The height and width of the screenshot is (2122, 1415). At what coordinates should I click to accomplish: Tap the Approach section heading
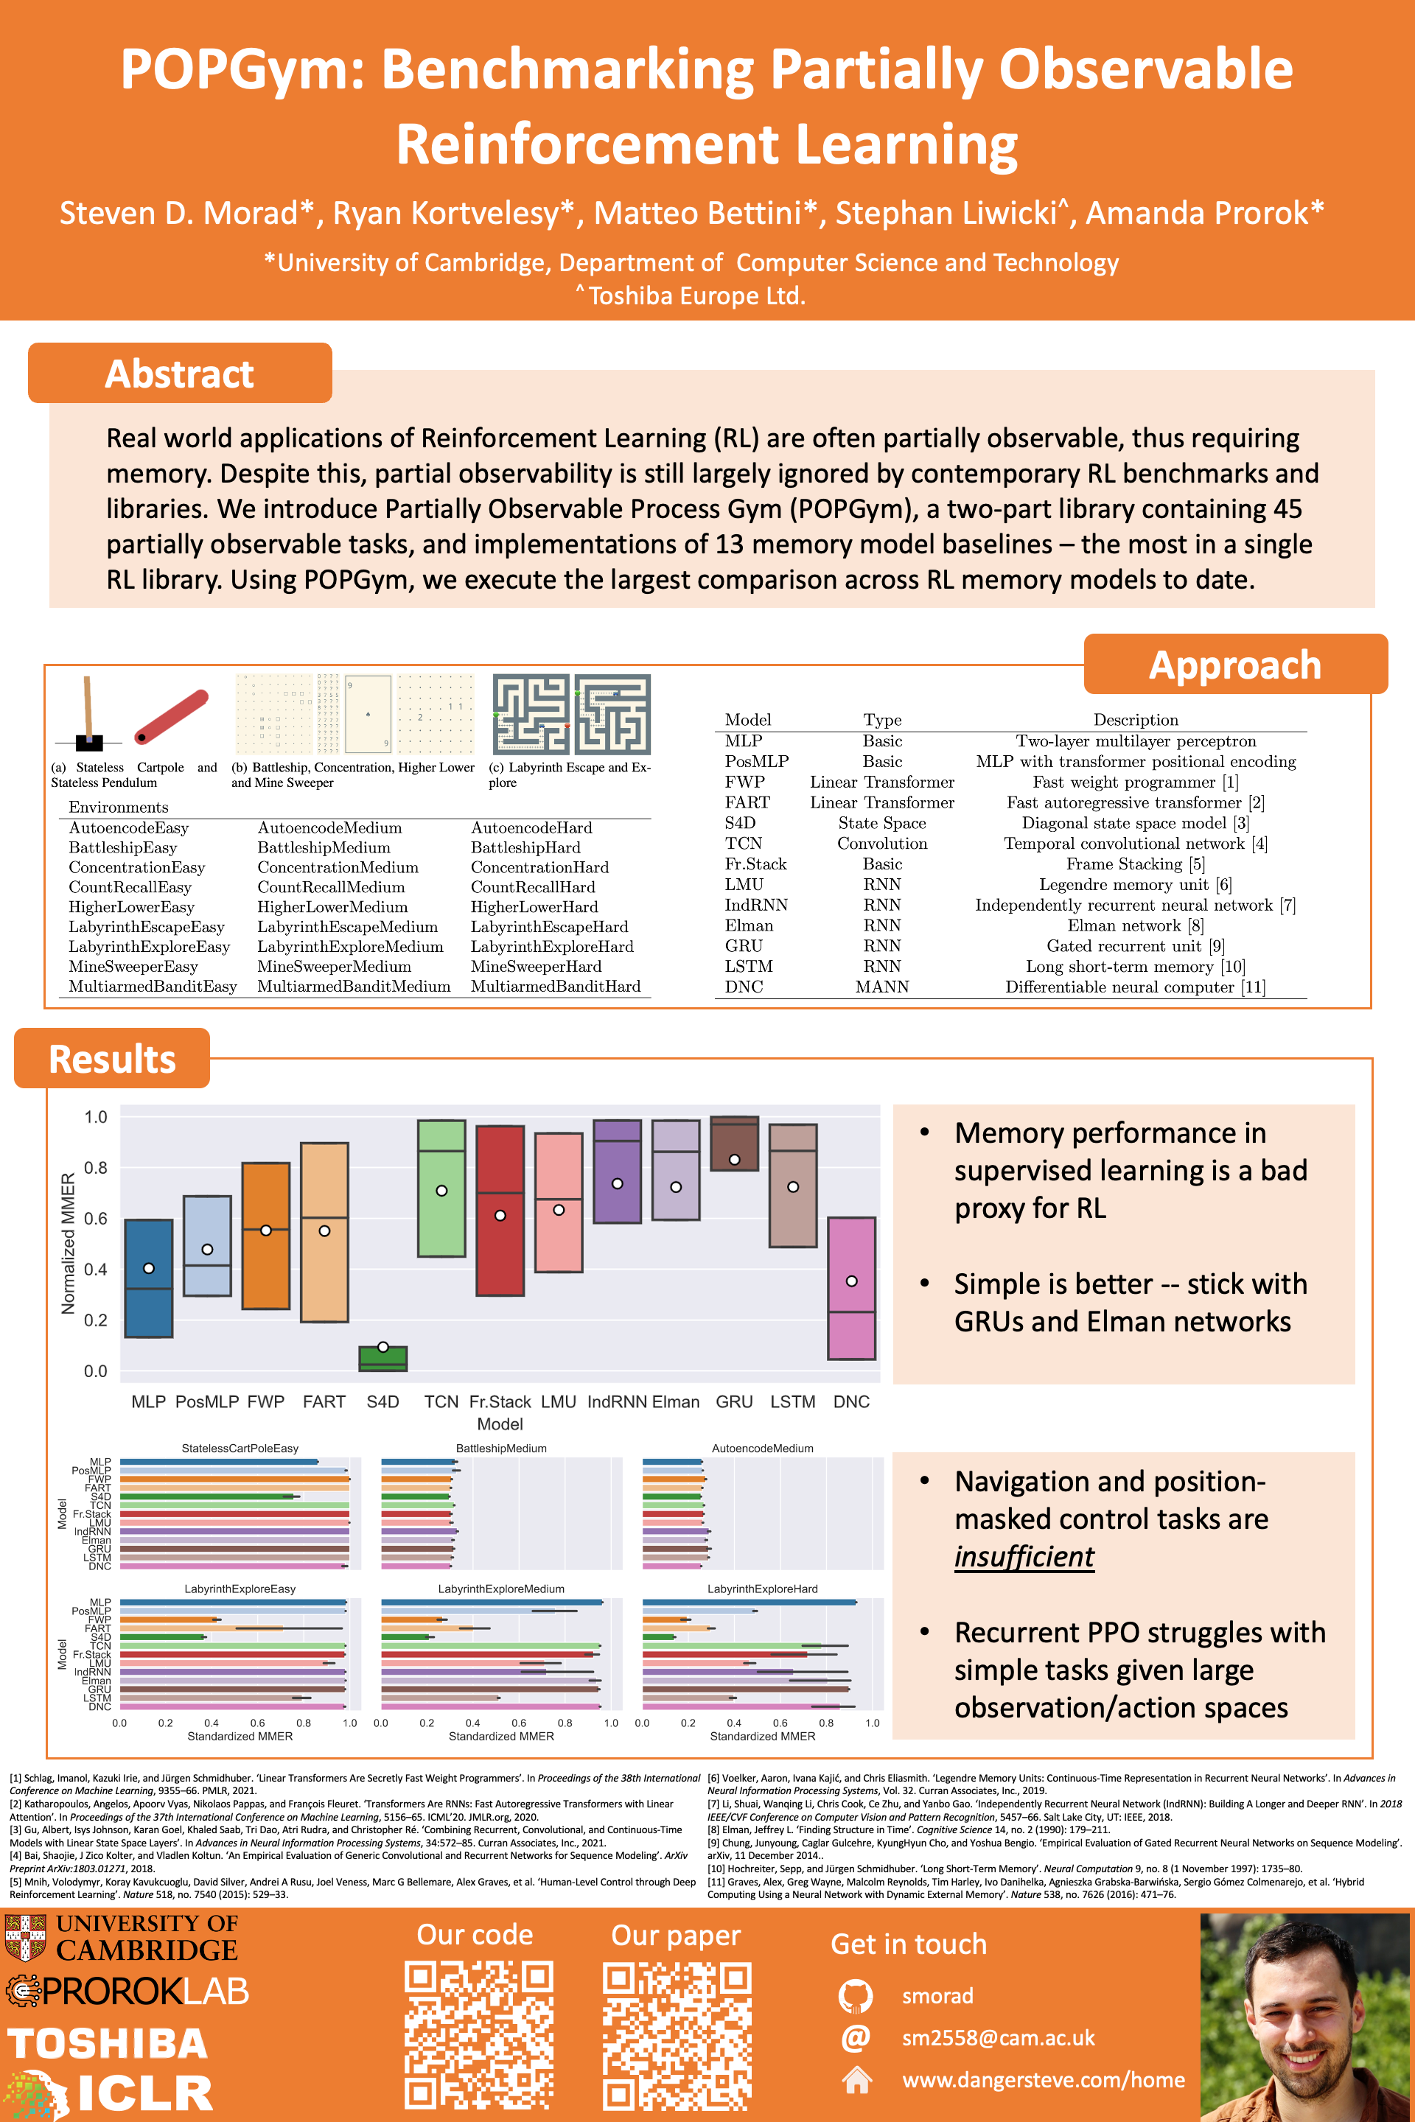(1234, 665)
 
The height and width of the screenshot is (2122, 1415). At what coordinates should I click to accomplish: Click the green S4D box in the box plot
(382, 1359)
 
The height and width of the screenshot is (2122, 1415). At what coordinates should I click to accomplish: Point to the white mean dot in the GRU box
(735, 1159)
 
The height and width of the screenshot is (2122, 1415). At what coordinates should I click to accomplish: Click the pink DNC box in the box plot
(851, 1289)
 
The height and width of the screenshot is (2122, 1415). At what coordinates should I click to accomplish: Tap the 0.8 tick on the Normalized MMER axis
(96, 1167)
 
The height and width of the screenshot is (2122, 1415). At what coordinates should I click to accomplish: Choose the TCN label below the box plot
(441, 1401)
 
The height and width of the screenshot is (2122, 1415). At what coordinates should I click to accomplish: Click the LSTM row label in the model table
(748, 966)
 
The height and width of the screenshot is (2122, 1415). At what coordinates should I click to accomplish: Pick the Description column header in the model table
(1135, 719)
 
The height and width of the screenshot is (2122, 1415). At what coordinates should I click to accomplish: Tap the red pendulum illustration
(172, 716)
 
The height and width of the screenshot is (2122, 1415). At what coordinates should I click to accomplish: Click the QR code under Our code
(478, 2034)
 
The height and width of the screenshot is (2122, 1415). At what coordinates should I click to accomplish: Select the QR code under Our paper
(677, 2034)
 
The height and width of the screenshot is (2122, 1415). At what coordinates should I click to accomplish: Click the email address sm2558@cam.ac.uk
(998, 2037)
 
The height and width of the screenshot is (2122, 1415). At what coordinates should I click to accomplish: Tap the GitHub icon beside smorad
(855, 1996)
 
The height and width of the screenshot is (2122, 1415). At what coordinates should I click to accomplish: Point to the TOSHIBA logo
(108, 2043)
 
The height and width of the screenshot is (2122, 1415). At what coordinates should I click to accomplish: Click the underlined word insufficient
(1024, 1556)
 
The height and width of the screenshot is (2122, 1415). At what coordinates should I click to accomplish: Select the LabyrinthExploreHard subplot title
(763, 1589)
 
